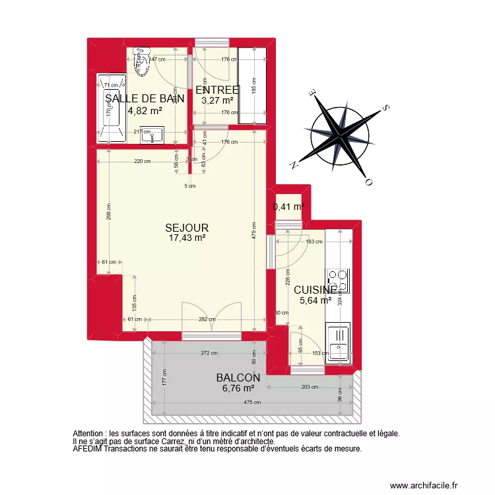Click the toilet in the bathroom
pyautogui.click(x=140, y=58)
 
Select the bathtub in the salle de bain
pyautogui.click(x=110, y=108)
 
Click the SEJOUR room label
pyautogui.click(x=187, y=228)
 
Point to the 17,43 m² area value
pyautogui.click(x=187, y=238)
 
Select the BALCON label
pyautogui.click(x=238, y=378)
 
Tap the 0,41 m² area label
pyautogui.click(x=288, y=207)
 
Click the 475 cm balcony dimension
pyautogui.click(x=253, y=403)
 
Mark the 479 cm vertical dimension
pyautogui.click(x=255, y=238)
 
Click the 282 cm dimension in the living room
pyautogui.click(x=207, y=319)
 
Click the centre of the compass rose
pyautogui.click(x=340, y=137)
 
